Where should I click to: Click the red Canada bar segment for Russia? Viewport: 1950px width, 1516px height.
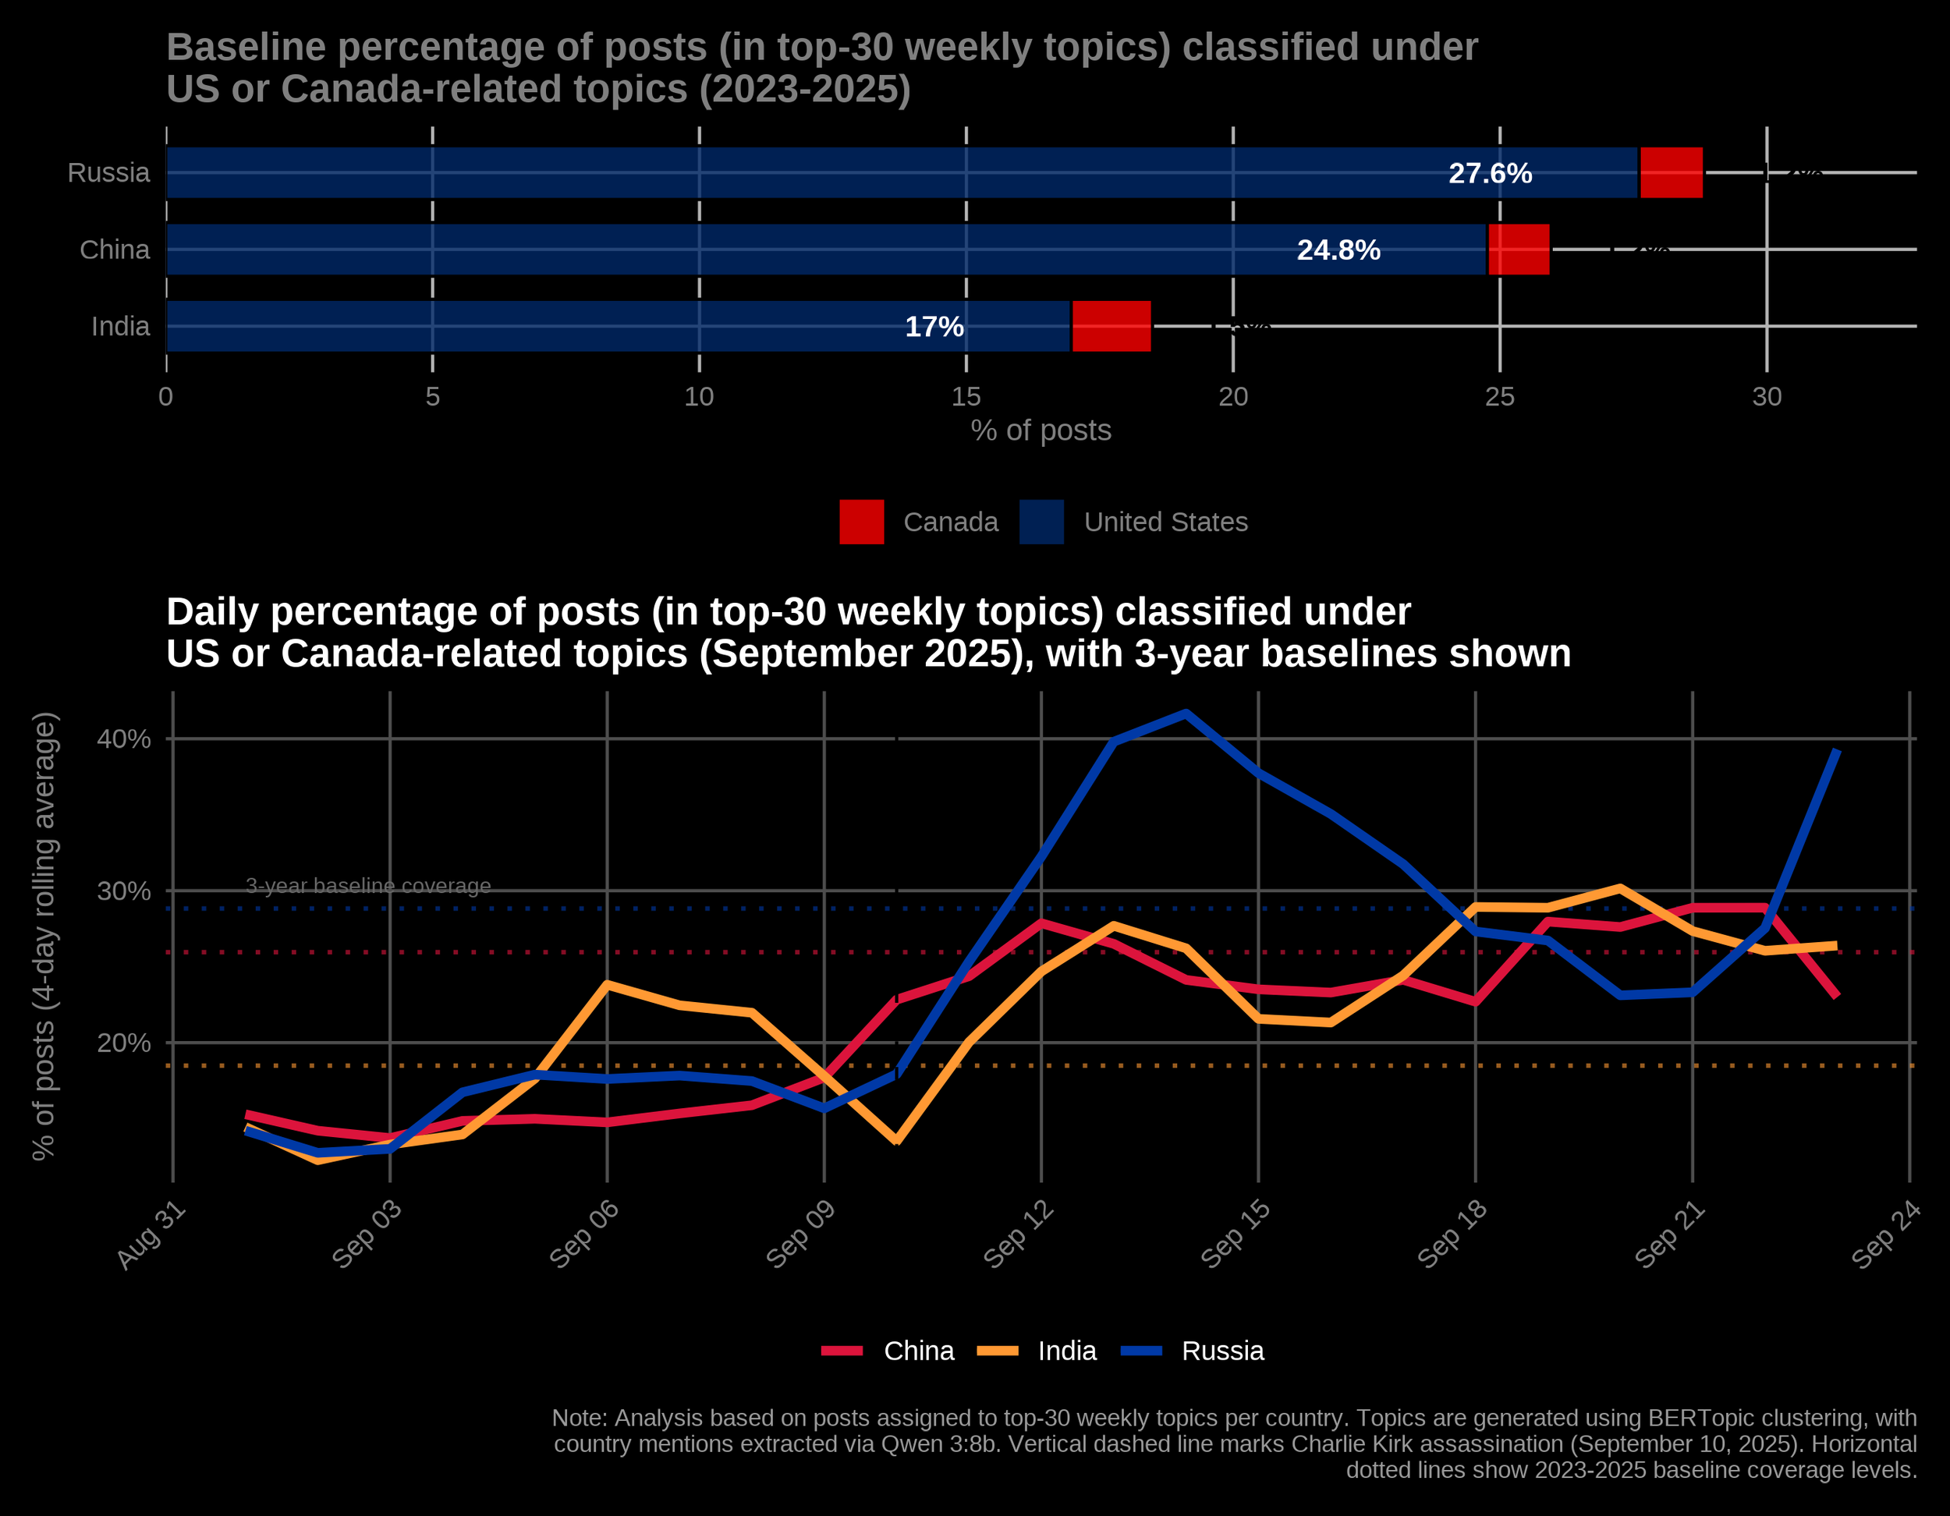(1672, 172)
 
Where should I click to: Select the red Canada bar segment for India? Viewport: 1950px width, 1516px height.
(1111, 326)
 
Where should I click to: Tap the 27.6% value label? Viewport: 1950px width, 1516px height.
(1489, 173)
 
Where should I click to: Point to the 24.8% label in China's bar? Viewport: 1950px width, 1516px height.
(1338, 250)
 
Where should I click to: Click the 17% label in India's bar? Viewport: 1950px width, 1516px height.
(934, 327)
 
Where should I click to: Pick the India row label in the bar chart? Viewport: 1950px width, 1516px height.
(121, 327)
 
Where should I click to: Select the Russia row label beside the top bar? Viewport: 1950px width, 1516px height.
(109, 172)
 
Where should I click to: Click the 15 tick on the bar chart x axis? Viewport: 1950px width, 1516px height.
(966, 396)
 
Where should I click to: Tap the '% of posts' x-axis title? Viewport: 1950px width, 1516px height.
(1041, 430)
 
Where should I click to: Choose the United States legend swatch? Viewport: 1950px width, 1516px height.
(1042, 522)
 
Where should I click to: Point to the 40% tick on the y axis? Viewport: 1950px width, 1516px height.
(123, 739)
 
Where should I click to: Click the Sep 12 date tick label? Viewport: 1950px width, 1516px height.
(1019, 1236)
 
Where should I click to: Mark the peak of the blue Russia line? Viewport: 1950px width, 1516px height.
(1186, 714)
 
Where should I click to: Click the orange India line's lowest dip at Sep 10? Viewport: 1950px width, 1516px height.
(896, 1141)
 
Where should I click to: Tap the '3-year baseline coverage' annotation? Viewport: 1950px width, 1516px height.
(368, 886)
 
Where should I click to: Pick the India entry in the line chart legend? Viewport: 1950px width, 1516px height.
(1067, 1351)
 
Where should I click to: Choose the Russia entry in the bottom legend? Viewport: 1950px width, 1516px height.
(1222, 1351)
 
